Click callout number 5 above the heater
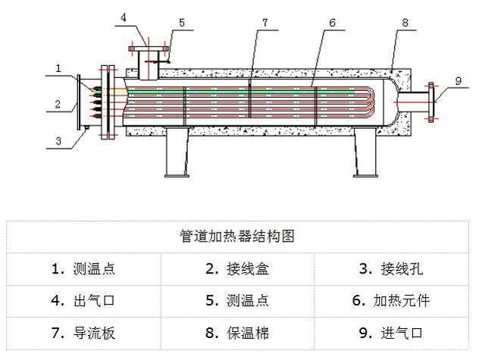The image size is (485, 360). (181, 23)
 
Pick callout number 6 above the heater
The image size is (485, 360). (332, 23)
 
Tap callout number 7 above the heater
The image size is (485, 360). (264, 23)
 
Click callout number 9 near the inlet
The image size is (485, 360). (458, 80)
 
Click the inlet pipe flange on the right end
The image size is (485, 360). (431, 100)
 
